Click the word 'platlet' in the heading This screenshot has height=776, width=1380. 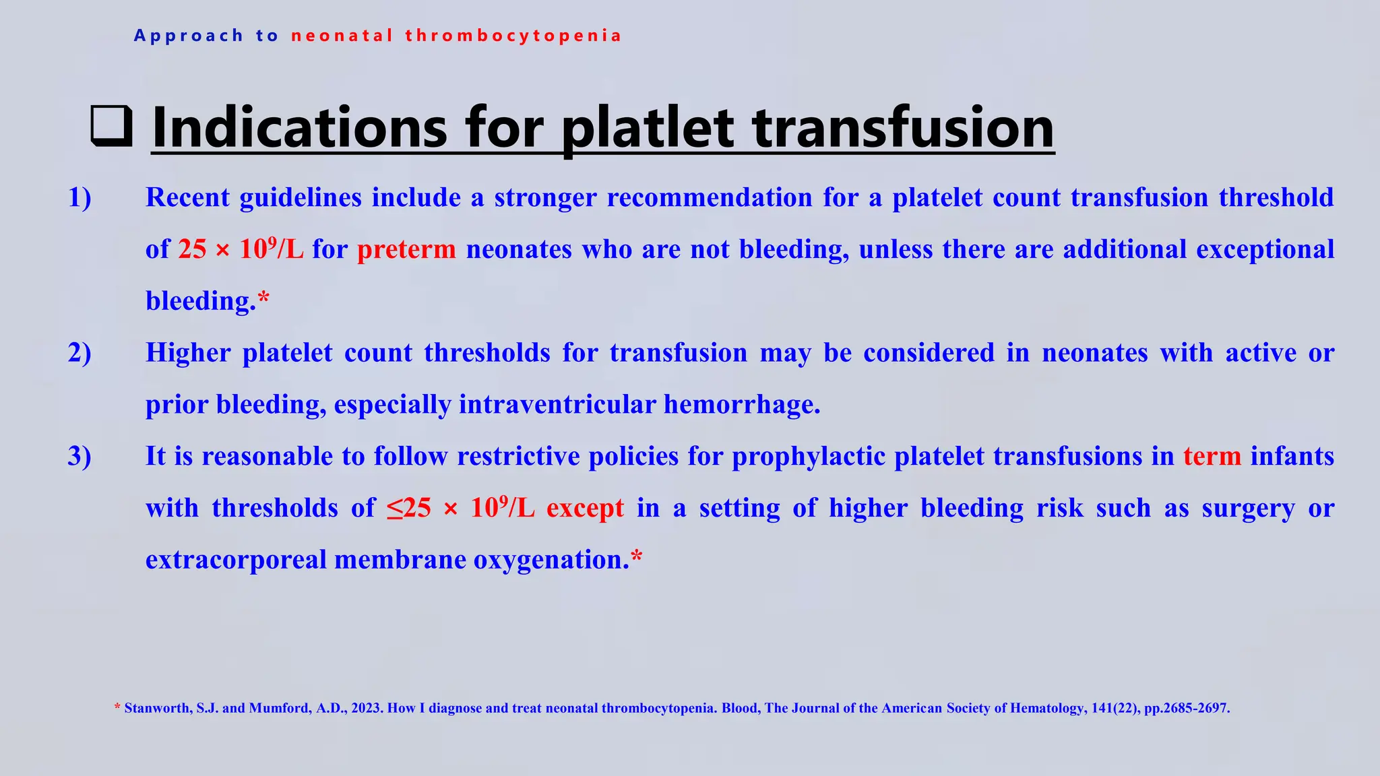click(648, 128)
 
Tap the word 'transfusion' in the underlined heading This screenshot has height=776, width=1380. click(903, 128)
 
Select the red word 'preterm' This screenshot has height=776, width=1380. click(406, 250)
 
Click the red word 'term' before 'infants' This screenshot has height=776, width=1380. click(1212, 457)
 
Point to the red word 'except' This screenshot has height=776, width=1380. click(585, 509)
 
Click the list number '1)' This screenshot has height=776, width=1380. click(80, 198)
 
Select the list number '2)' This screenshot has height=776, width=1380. click(80, 353)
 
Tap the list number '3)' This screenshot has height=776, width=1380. click(80, 457)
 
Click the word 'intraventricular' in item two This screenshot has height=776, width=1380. click(557, 405)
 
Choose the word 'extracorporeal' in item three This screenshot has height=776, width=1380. click(236, 560)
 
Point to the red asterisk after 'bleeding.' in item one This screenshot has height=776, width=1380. click(263, 297)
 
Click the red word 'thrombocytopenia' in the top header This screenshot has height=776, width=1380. click(513, 36)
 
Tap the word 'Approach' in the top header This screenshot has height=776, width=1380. click(188, 36)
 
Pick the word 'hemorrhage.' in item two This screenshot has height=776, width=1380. click(742, 405)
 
